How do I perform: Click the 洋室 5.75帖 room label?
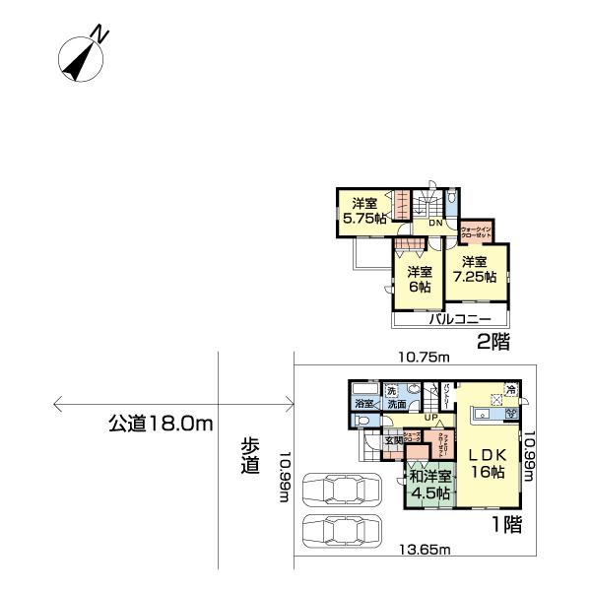363,212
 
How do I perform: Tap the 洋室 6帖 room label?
421,279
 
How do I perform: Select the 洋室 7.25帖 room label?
474,269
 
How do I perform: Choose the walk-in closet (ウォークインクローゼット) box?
477,231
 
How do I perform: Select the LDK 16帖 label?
486,464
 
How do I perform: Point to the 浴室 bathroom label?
363,404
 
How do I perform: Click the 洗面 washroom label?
396,404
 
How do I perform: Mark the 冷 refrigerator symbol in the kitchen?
510,390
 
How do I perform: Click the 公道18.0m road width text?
161,424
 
